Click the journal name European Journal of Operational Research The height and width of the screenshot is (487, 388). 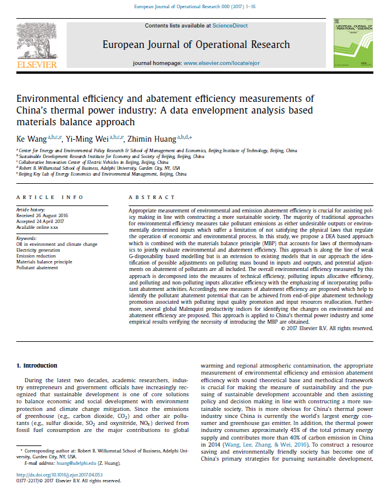click(x=196, y=44)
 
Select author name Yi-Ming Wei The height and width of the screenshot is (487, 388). click(x=83, y=138)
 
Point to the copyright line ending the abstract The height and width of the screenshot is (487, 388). click(x=327, y=328)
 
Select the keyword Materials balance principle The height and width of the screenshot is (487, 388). click(x=44, y=260)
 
